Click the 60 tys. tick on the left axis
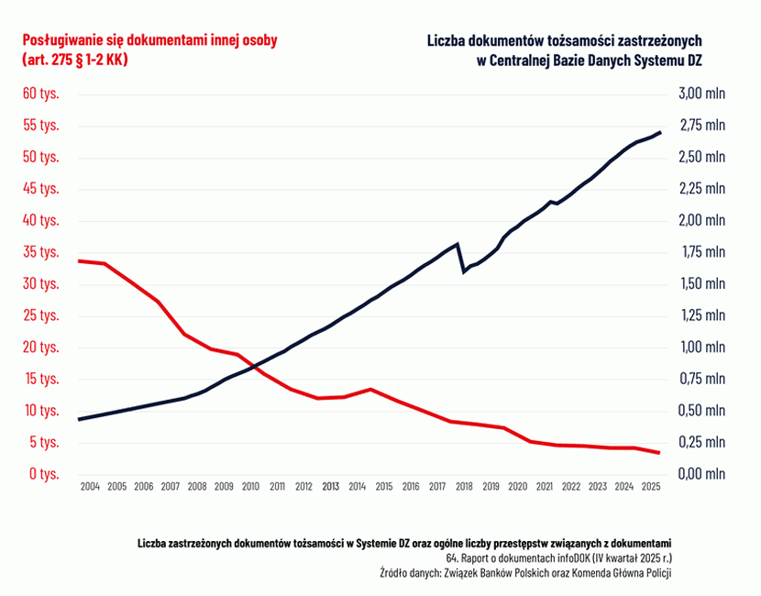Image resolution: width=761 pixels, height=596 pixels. coord(41,94)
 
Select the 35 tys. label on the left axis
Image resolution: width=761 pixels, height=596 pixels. coord(41,252)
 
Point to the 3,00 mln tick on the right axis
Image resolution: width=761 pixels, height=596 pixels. coord(700,94)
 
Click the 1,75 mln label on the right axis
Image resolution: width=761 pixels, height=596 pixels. coord(700,252)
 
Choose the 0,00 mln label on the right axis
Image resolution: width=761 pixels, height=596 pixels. coord(700,474)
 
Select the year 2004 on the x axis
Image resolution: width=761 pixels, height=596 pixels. coord(90,487)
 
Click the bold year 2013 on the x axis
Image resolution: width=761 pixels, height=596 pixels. coord(331,487)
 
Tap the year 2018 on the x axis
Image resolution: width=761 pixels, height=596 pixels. coord(465,487)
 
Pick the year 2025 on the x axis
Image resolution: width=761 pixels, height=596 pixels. coord(651,487)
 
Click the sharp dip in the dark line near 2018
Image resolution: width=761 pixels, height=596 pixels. coord(464,272)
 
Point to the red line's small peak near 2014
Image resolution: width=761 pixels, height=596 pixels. coord(369,389)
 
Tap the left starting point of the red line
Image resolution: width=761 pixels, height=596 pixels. coord(80,261)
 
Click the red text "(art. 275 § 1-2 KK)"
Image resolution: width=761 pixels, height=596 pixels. coord(74,60)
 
